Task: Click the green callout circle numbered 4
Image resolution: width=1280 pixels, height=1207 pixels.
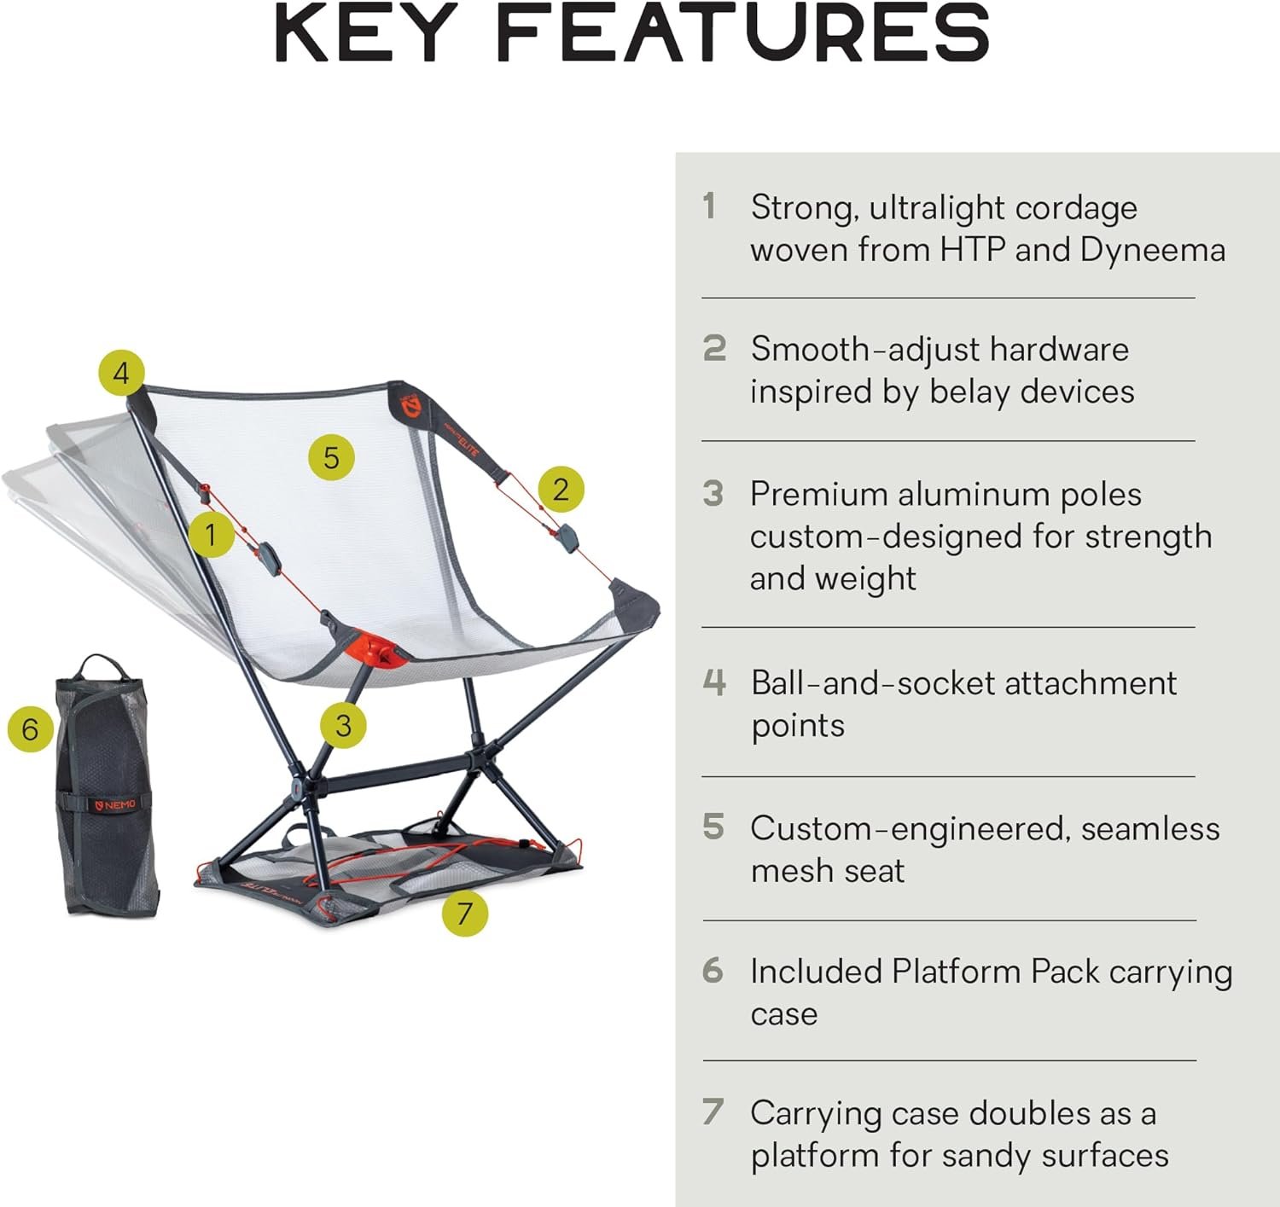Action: [121, 373]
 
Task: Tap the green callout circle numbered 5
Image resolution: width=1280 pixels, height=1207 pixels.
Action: [331, 457]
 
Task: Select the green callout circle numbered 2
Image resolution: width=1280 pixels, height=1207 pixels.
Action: [560, 489]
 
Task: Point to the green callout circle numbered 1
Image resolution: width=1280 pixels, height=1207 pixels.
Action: [210, 535]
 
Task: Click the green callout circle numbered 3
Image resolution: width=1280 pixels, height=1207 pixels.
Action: [343, 725]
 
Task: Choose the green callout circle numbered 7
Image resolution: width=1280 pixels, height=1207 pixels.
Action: [464, 913]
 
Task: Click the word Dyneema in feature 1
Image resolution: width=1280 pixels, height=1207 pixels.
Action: [1152, 250]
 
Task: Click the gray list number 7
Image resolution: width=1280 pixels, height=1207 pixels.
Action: [713, 1112]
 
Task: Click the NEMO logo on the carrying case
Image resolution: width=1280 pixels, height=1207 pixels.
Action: [114, 804]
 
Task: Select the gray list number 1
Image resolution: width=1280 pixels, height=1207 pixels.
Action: [709, 206]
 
